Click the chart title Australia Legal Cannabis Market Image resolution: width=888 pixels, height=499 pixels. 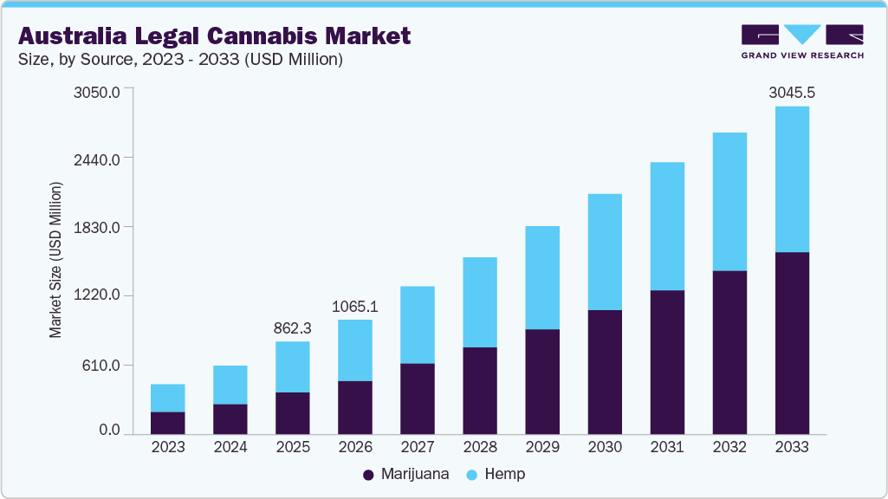[x=214, y=36]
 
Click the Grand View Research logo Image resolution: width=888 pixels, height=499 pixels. [x=802, y=42]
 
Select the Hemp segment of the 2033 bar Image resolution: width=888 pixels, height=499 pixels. [x=792, y=179]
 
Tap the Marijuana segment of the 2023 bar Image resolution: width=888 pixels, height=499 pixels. [x=167, y=423]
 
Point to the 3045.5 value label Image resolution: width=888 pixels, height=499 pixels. [x=792, y=92]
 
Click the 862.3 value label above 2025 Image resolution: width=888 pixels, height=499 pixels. [x=292, y=328]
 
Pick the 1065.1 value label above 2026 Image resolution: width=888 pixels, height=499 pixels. [x=355, y=307]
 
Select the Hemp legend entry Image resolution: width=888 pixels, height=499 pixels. [x=496, y=474]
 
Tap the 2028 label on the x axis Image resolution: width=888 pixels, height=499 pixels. [x=480, y=447]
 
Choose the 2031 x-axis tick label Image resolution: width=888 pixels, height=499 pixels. [x=667, y=447]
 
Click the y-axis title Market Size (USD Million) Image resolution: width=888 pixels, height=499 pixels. [x=55, y=260]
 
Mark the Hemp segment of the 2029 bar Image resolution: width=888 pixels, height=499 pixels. [x=542, y=277]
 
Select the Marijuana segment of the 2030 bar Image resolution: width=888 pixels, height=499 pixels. [x=605, y=372]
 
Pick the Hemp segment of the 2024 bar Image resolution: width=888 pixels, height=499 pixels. [x=230, y=385]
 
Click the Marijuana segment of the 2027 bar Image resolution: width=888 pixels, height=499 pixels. [x=418, y=399]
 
